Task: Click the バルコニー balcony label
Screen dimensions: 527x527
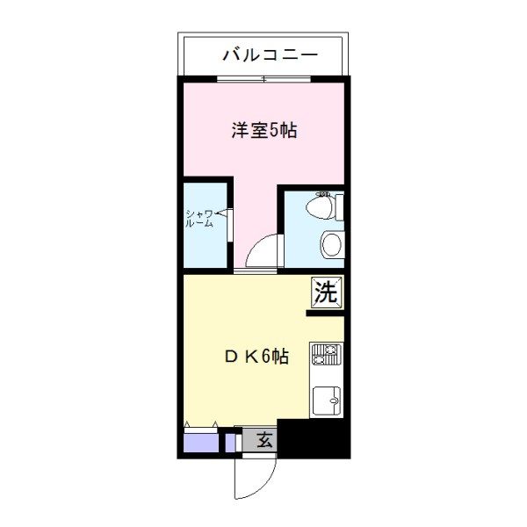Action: (271, 55)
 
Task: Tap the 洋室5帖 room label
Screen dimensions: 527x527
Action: (264, 130)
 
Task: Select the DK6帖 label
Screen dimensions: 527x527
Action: (256, 357)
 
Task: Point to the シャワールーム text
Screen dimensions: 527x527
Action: (199, 219)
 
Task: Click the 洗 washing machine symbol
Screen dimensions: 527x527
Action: (327, 292)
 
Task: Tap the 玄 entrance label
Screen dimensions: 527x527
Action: (264, 440)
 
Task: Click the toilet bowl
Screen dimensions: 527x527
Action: (320, 207)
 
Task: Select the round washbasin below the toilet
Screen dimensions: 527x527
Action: (332, 244)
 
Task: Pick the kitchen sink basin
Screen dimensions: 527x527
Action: (327, 401)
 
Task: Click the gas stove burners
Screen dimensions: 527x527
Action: (327, 354)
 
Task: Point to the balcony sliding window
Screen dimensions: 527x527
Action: (263, 79)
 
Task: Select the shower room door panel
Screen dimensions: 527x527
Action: (230, 225)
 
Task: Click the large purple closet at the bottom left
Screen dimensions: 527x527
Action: (201, 443)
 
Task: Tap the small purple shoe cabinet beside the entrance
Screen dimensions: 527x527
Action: (230, 443)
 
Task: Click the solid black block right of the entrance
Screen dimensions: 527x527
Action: (314, 438)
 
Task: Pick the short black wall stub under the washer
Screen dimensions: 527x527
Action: (325, 314)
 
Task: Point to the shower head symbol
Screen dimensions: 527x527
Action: (223, 213)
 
